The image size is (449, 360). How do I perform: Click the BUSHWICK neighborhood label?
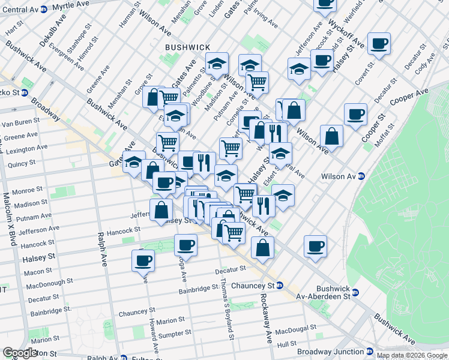[188, 47]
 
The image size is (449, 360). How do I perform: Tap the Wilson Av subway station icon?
[361, 176]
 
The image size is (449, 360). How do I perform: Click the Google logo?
[20, 353]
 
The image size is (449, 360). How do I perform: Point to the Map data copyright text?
[412, 355]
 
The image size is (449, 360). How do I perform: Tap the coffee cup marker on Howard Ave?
[143, 260]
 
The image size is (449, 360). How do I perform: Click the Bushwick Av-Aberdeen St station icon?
[355, 293]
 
